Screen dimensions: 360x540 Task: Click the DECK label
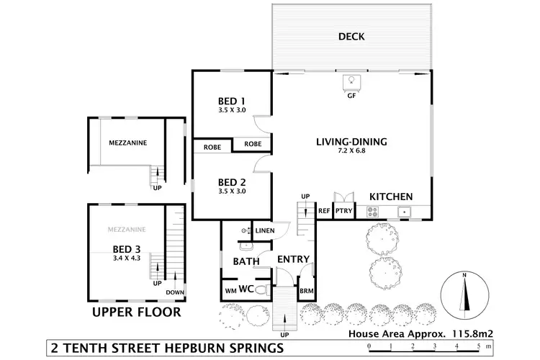click(352, 37)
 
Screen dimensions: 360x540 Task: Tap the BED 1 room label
click(232, 101)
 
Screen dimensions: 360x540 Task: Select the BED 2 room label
click(232, 181)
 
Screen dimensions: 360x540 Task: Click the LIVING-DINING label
click(351, 142)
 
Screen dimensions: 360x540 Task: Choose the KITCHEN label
click(391, 197)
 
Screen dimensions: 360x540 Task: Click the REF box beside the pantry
click(324, 212)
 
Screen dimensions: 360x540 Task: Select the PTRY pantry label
click(343, 212)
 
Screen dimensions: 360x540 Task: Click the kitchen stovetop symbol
click(374, 212)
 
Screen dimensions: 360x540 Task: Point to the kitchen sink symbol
click(405, 212)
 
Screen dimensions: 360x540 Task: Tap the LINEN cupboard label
click(264, 230)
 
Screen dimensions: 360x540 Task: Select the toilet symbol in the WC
click(264, 290)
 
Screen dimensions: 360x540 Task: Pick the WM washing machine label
click(230, 290)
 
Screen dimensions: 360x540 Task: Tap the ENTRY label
click(293, 259)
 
